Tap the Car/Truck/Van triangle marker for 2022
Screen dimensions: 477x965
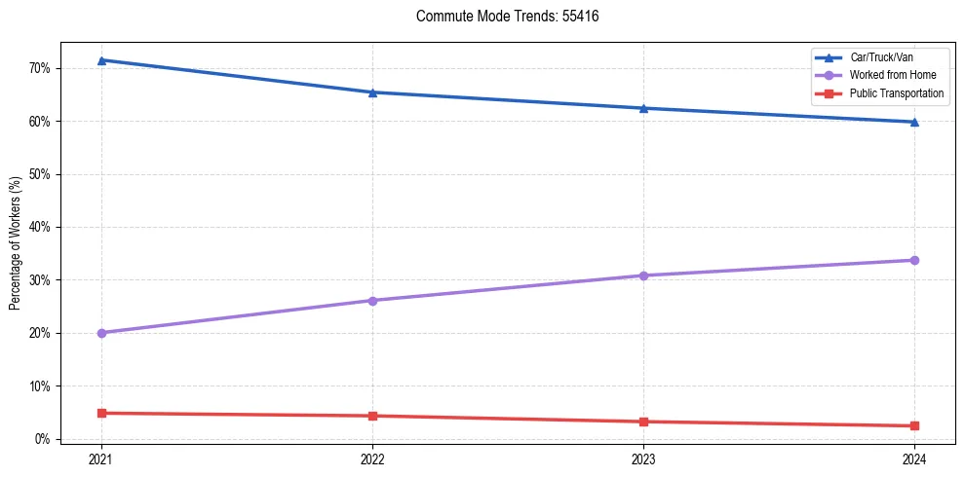coord(372,92)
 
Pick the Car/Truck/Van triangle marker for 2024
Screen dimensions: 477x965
coord(914,122)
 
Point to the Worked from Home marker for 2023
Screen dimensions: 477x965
coord(643,275)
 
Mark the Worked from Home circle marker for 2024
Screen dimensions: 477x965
coord(914,260)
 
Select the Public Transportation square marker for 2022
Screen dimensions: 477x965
coord(372,416)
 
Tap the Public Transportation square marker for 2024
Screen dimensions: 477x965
coord(914,425)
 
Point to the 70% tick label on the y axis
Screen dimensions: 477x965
coord(40,68)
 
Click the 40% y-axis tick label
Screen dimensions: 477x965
coord(40,227)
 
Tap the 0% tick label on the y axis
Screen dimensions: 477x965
coord(43,439)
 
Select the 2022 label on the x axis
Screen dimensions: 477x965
coord(372,458)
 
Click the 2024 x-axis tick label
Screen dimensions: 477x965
coord(914,458)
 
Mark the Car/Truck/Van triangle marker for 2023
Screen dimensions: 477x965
coord(643,108)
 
